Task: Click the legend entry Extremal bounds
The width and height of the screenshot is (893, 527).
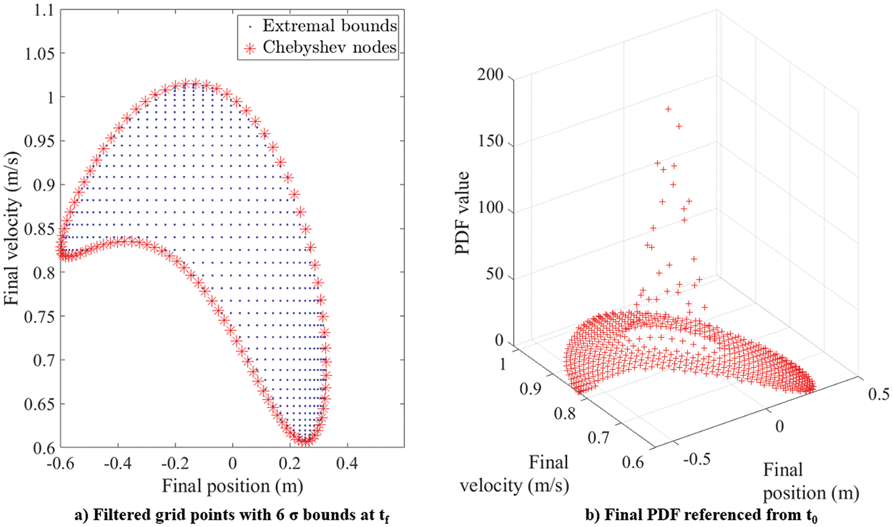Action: pyautogui.click(x=329, y=26)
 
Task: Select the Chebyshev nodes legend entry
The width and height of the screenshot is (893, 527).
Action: pyautogui.click(x=329, y=48)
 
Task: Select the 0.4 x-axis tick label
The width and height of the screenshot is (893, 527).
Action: pyautogui.click(x=347, y=463)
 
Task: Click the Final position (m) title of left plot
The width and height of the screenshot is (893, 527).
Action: pyautogui.click(x=232, y=486)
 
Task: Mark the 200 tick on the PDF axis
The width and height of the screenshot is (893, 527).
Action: pyautogui.click(x=490, y=75)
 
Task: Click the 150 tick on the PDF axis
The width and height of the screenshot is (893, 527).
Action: pyautogui.click(x=490, y=142)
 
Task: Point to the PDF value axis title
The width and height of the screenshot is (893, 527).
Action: pyautogui.click(x=463, y=212)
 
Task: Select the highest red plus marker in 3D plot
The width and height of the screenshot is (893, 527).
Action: pyautogui.click(x=669, y=109)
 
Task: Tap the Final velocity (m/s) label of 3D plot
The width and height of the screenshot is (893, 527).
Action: pyautogui.click(x=514, y=474)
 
